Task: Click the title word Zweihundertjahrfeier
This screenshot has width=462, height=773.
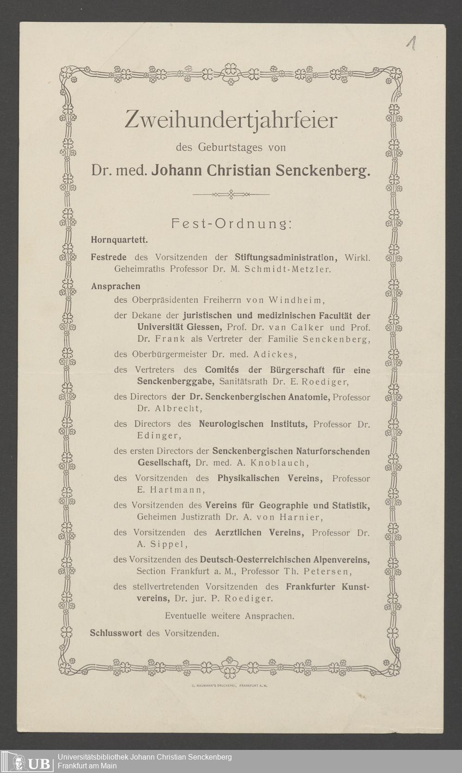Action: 231,121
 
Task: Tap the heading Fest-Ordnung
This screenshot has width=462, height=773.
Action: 231,224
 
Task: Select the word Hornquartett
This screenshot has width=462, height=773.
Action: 119,240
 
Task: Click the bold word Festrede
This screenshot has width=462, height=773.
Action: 109,257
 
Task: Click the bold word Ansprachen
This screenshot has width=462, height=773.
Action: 115,286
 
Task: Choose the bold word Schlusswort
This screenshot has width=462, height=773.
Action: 115,633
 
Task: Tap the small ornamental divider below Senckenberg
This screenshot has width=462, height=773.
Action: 231,194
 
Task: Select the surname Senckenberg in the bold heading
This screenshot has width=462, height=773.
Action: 323,170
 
